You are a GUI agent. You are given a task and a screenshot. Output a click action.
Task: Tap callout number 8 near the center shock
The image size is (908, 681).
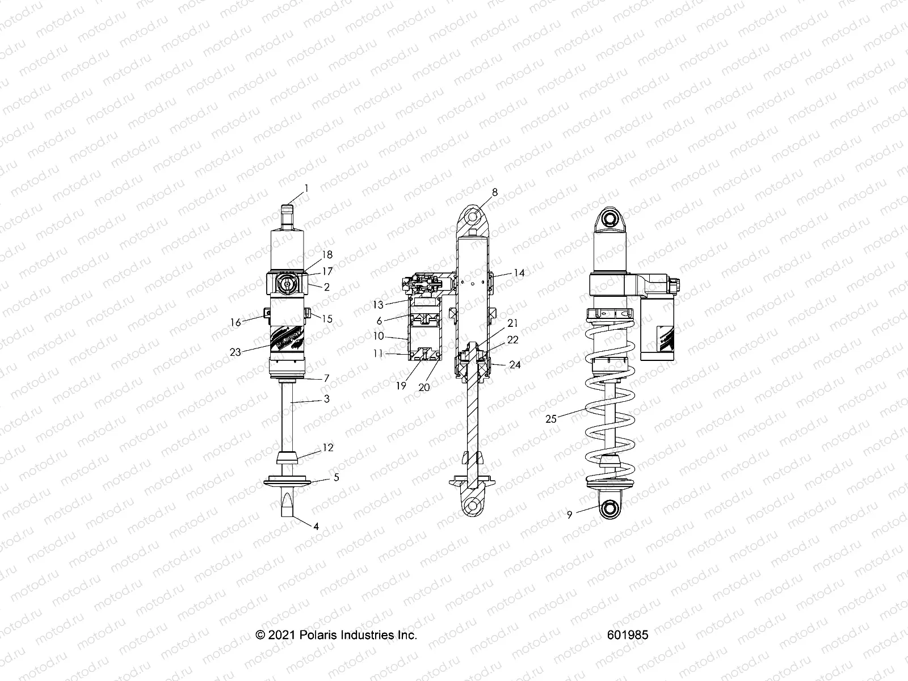click(x=495, y=192)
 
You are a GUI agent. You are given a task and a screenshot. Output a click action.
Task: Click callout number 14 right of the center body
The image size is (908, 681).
click(x=519, y=273)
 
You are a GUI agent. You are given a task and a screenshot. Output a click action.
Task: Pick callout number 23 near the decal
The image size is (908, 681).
click(x=236, y=352)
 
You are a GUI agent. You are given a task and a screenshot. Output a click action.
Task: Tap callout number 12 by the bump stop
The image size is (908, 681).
click(x=328, y=448)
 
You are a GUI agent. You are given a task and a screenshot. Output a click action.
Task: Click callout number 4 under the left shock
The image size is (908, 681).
click(x=316, y=526)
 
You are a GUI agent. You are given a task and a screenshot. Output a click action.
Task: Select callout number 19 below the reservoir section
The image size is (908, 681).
click(x=401, y=385)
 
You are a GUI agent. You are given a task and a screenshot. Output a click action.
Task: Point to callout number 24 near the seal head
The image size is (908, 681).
click(x=515, y=365)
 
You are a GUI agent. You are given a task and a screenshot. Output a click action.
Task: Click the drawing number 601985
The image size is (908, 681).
click(x=627, y=635)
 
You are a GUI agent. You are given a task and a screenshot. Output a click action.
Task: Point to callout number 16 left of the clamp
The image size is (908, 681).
click(x=236, y=322)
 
